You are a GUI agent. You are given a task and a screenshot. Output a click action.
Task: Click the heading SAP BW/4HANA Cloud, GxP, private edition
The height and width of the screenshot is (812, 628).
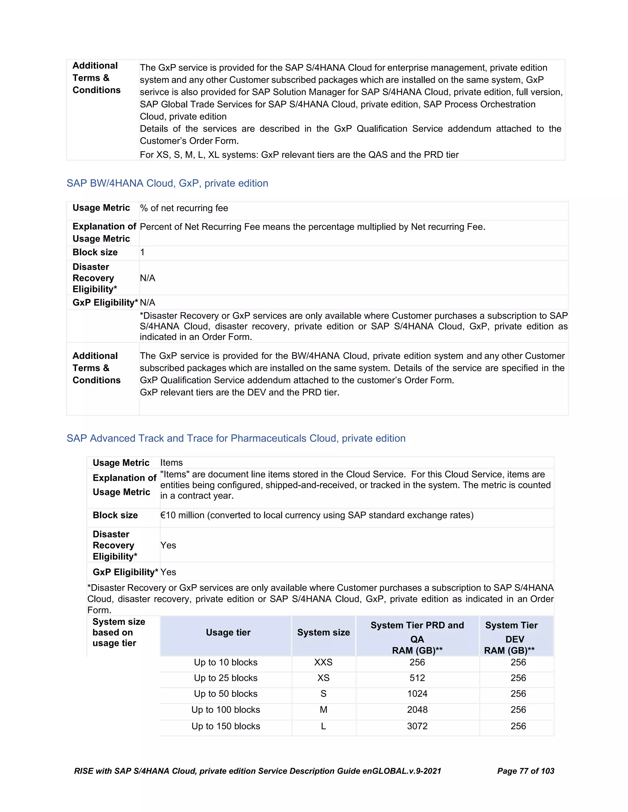click(167, 183)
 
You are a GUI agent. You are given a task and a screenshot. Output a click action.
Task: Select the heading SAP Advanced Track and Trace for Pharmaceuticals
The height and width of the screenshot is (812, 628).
click(236, 438)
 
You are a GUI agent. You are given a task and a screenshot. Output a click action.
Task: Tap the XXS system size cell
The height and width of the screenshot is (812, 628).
click(323, 662)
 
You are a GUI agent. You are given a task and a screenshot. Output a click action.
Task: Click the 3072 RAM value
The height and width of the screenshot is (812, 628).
click(417, 726)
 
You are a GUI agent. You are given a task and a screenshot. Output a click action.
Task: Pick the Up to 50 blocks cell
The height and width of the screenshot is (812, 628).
click(225, 694)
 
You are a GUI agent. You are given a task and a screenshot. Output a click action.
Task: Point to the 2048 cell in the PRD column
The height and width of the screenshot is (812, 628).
click(417, 710)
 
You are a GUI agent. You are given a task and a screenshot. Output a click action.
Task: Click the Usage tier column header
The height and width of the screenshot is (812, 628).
click(228, 632)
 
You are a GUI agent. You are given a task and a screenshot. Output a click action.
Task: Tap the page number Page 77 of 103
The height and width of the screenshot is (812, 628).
click(525, 771)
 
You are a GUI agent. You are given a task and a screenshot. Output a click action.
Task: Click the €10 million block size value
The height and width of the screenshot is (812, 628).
click(316, 515)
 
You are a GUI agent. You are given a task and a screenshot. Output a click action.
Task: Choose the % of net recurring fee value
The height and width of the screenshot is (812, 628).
click(184, 208)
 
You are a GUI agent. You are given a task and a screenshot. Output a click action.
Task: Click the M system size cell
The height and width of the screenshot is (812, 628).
click(323, 710)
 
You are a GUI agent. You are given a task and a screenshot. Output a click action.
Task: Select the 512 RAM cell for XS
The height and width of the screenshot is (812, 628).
click(417, 678)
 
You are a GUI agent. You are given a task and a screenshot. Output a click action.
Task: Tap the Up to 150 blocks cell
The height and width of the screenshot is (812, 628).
click(225, 726)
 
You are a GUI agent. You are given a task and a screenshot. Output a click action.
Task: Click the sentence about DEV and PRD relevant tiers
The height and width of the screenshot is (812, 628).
click(239, 393)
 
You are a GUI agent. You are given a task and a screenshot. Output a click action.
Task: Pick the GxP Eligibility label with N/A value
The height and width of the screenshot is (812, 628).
click(105, 303)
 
